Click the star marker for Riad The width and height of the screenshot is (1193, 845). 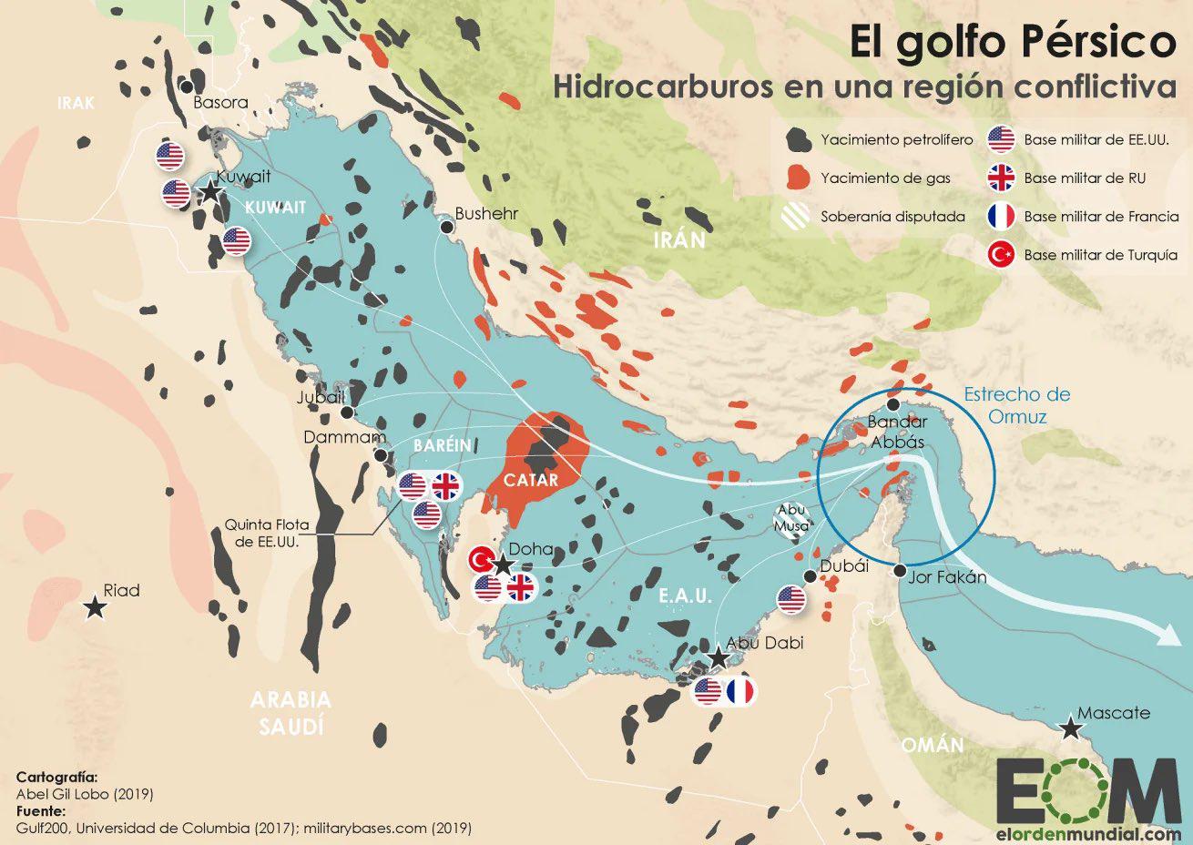coord(93,607)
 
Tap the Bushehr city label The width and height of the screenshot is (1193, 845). coord(485,214)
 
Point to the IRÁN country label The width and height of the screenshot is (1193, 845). coord(678,240)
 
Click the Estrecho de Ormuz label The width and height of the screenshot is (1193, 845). coord(1016,405)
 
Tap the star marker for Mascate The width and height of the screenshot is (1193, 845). coord(1071,728)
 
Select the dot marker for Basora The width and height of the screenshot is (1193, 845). coord(187,87)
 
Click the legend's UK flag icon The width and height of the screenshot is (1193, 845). coord(1001,178)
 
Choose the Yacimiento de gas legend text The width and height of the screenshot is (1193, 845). coord(885,178)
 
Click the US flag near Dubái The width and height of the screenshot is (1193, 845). coord(791,599)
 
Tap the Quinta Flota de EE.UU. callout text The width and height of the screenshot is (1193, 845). coord(268,532)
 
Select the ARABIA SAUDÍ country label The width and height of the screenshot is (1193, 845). coord(291,713)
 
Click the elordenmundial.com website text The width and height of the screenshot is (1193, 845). coord(1087,832)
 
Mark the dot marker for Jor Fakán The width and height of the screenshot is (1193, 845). coord(900,571)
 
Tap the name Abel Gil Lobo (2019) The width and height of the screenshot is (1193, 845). coord(85,793)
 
